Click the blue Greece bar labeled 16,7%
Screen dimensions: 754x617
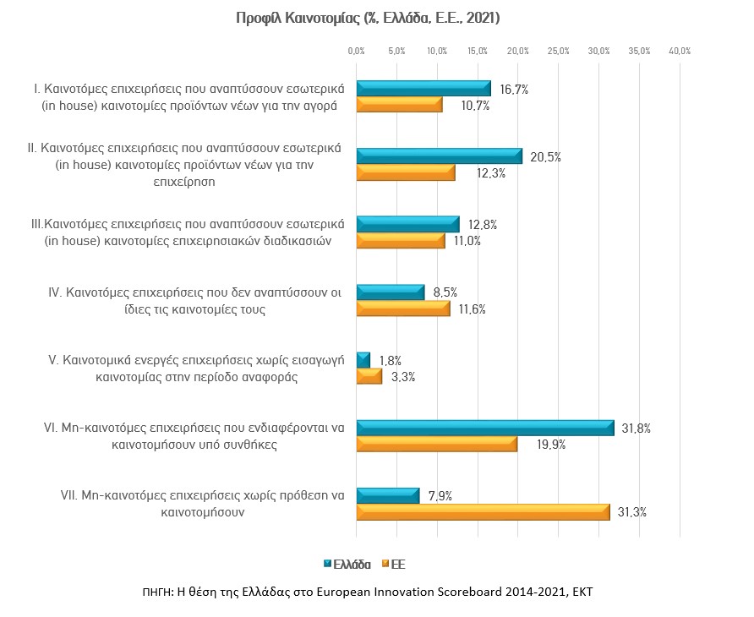click(x=423, y=89)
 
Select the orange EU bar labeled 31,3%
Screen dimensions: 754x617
click(x=484, y=512)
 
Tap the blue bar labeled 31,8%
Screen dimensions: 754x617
click(x=485, y=428)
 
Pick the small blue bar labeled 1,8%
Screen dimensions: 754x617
click(x=363, y=360)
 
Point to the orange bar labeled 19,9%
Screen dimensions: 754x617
click(x=437, y=445)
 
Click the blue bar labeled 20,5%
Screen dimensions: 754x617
click(x=440, y=156)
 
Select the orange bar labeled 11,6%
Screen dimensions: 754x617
click(x=403, y=308)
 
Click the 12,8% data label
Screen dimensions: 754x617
click(x=483, y=225)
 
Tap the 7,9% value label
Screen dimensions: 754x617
click(x=440, y=496)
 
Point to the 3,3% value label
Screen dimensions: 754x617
click(x=403, y=377)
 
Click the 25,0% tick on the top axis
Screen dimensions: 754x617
click(x=558, y=51)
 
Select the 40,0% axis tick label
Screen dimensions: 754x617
click(x=680, y=51)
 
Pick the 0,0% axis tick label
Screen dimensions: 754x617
click(x=357, y=51)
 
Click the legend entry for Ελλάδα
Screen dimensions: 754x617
click(x=347, y=565)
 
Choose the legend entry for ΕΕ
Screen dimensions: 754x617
click(x=394, y=565)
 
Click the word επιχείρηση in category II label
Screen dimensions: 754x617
click(x=184, y=182)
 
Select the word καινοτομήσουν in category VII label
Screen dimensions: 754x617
click(x=202, y=512)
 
